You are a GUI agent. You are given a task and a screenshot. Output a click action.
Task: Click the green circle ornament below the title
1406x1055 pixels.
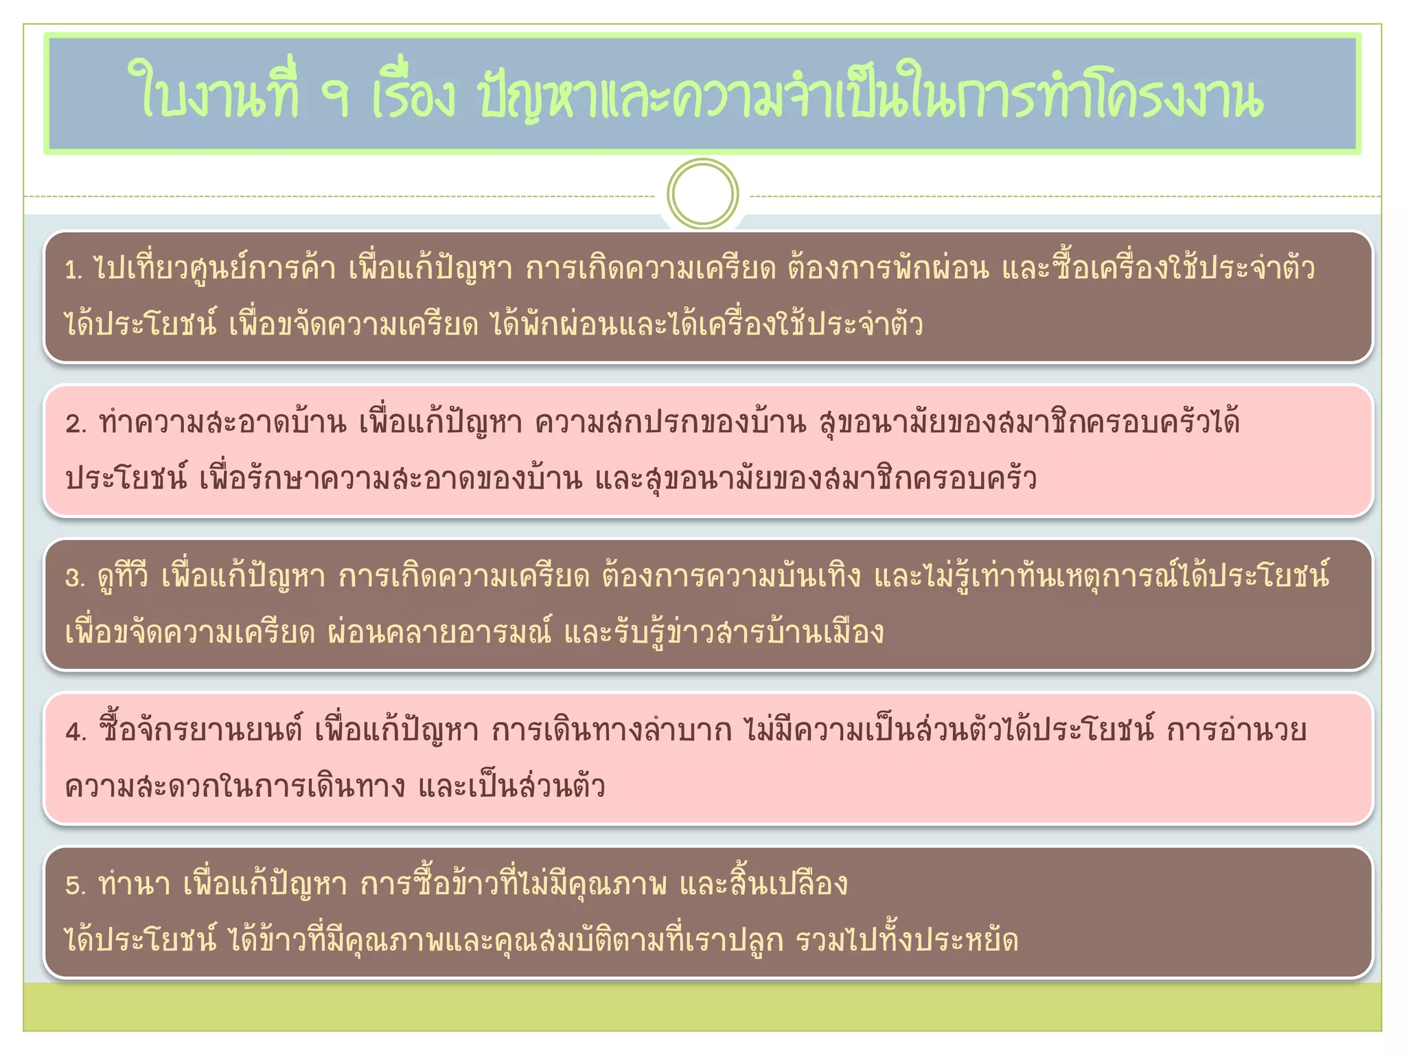(702, 194)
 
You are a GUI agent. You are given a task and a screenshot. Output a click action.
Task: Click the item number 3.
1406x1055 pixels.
(75, 578)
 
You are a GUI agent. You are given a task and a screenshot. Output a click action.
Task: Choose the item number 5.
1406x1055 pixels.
(75, 885)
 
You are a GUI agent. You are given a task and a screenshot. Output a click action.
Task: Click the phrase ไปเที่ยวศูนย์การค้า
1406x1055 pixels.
(216, 268)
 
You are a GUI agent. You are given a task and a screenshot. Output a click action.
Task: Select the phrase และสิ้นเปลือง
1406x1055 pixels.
(763, 884)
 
